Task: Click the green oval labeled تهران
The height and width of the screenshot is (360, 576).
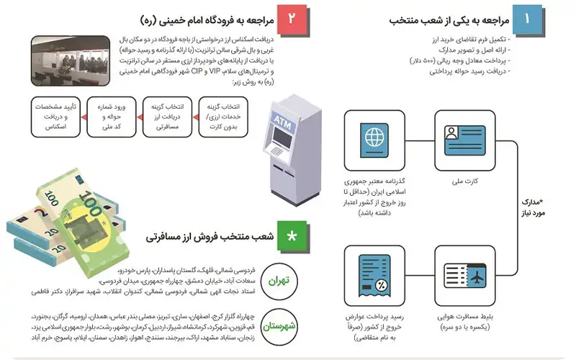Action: point(277,276)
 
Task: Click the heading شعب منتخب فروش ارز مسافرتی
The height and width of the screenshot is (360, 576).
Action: point(209,235)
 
